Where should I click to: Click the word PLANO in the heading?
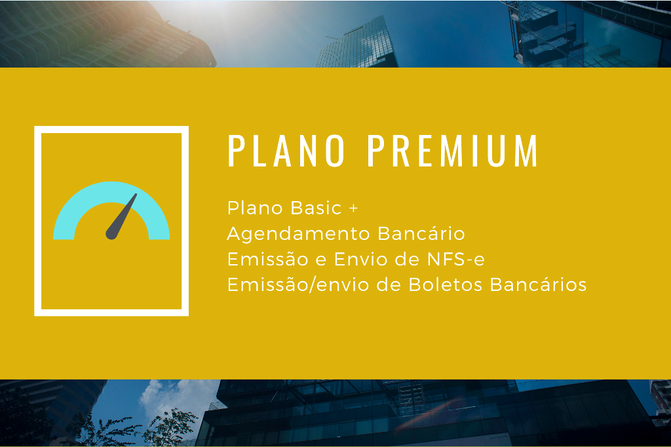tap(286, 150)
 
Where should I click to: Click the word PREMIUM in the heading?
tap(453, 150)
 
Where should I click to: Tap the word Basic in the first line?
tap(316, 208)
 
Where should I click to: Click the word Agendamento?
tap(299, 235)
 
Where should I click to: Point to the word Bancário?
tap(421, 233)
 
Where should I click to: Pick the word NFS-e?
tap(456, 259)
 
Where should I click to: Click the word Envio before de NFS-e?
tap(360, 259)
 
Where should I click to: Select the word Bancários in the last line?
tap(539, 284)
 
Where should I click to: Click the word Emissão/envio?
tap(298, 284)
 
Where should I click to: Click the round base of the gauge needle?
tap(111, 234)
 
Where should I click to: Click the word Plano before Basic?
tap(255, 208)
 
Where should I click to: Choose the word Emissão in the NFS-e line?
tap(267, 259)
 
